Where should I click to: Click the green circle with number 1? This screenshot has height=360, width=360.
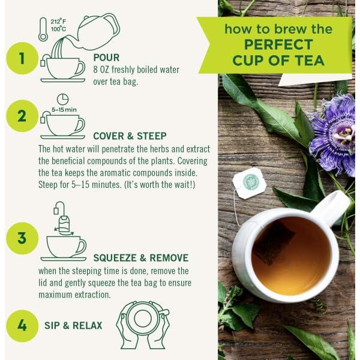pyautogui.click(x=22, y=58)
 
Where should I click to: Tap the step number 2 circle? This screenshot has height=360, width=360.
pyautogui.click(x=22, y=116)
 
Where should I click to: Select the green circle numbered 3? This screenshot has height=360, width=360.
pyautogui.click(x=22, y=238)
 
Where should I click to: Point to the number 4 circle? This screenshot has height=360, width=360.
pyautogui.click(x=22, y=326)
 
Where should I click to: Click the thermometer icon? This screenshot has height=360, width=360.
pyautogui.click(x=43, y=29)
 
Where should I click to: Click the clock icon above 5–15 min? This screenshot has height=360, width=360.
pyautogui.click(x=62, y=99)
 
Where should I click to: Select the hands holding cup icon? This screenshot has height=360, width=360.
pyautogui.click(x=143, y=325)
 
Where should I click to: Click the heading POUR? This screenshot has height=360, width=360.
pyautogui.click(x=106, y=58)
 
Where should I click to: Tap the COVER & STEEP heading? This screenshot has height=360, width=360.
pyautogui.click(x=130, y=136)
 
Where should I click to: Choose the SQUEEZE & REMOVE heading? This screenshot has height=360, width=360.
pyautogui.click(x=141, y=258)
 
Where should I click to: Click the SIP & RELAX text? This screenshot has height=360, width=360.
pyautogui.click(x=73, y=326)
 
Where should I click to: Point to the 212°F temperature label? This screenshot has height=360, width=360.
pyautogui.click(x=58, y=22)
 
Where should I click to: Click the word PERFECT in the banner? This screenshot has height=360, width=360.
pyautogui.click(x=278, y=44)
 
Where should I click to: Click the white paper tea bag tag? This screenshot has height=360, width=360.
pyautogui.click(x=250, y=183)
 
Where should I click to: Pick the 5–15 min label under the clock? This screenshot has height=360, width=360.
pyautogui.click(x=64, y=110)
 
